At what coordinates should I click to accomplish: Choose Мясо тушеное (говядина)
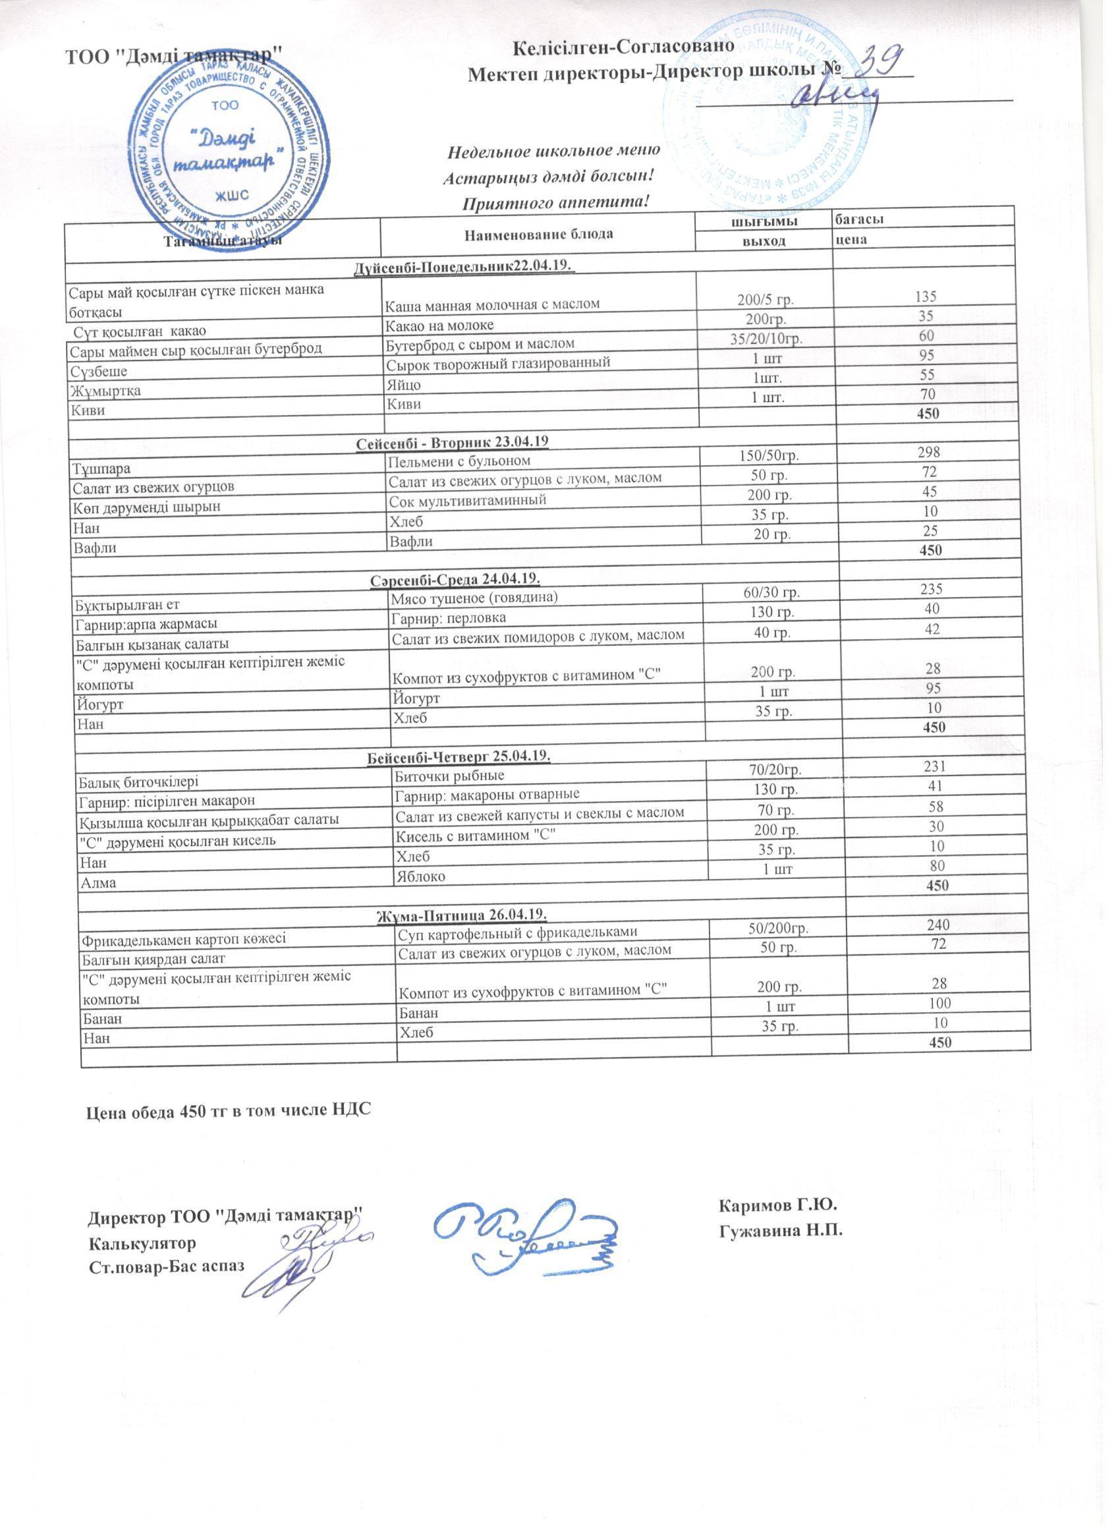tap(474, 598)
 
